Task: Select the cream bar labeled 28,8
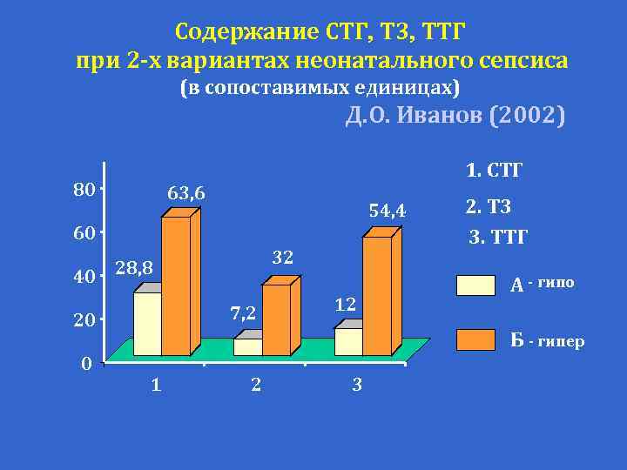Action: click(147, 323)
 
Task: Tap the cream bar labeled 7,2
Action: click(247, 346)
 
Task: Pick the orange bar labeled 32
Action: click(275, 319)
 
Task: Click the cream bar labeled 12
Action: click(348, 341)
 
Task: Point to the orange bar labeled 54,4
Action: click(376, 296)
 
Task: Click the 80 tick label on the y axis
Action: click(84, 189)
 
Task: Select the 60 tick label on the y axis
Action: click(84, 233)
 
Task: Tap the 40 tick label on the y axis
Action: click(84, 278)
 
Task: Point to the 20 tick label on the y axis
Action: click(84, 321)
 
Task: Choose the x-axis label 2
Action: click(255, 384)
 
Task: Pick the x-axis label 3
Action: click(356, 384)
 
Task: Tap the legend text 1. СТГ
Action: click(494, 170)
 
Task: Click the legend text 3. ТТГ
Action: click(498, 236)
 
